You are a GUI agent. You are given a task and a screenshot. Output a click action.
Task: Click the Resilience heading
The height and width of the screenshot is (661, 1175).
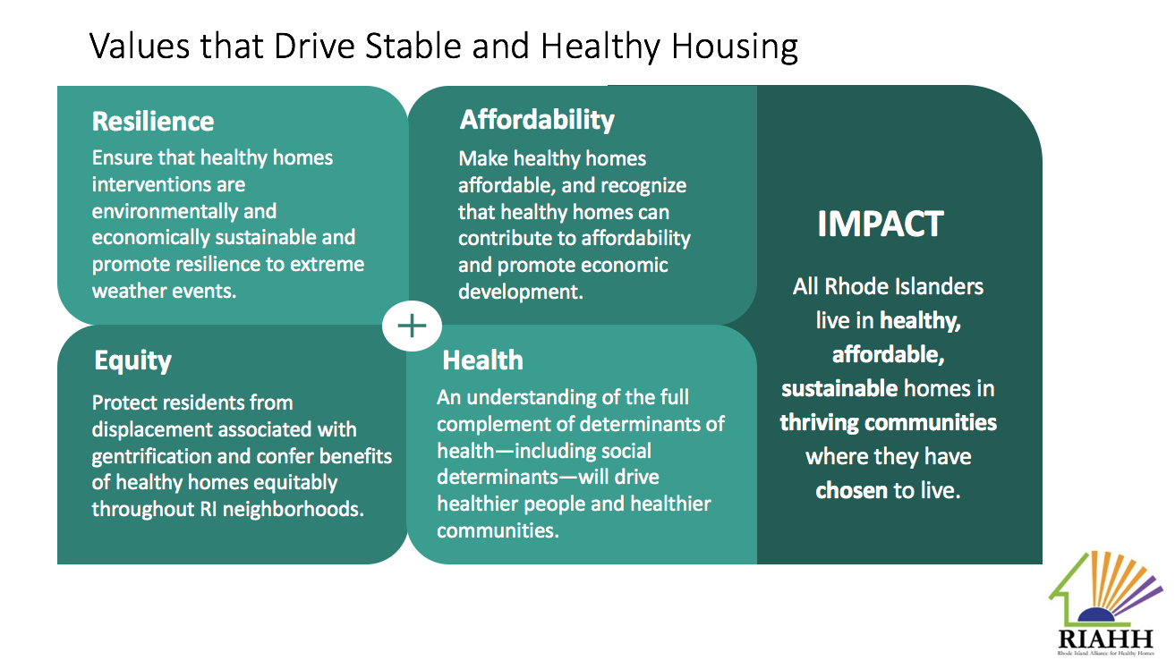click(153, 122)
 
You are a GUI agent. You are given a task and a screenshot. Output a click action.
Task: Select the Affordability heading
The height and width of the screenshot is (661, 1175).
click(537, 121)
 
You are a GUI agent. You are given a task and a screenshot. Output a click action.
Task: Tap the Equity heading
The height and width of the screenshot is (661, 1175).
click(132, 361)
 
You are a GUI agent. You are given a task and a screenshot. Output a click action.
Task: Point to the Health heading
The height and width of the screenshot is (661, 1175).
click(482, 360)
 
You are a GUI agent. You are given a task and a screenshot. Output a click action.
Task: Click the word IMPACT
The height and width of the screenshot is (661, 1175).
click(881, 224)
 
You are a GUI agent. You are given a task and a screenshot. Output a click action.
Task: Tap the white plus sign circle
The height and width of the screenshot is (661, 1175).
click(412, 326)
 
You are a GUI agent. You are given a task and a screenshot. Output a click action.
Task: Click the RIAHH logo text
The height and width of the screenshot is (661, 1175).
click(1106, 639)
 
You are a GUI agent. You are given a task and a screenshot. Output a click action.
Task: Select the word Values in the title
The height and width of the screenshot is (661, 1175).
click(140, 47)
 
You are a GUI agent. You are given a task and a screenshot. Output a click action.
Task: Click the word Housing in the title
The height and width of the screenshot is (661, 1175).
click(735, 47)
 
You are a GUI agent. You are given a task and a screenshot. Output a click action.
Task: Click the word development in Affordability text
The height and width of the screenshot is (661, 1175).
click(520, 292)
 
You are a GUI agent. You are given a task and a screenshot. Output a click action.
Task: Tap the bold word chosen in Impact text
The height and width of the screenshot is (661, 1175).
click(851, 491)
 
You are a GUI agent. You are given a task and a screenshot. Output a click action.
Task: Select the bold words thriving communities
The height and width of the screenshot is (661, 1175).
click(888, 422)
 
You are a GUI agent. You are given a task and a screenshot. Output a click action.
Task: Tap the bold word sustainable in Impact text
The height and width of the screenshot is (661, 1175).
click(839, 389)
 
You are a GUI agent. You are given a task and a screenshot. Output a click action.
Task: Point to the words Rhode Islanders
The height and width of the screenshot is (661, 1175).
click(904, 287)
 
